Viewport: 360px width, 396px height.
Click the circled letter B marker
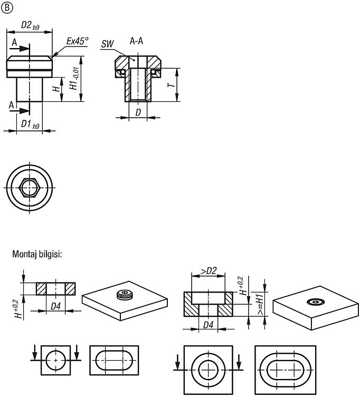(7, 8)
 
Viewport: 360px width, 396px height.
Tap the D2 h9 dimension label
(30, 25)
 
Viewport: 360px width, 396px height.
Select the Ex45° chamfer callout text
(78, 41)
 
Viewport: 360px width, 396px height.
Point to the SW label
(108, 44)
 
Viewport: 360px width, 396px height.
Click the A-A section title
(136, 41)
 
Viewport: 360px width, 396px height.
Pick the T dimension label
(172, 84)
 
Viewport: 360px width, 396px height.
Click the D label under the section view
(138, 112)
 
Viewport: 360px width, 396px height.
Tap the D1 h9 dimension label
(30, 125)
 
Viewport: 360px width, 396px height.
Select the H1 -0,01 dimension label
(74, 79)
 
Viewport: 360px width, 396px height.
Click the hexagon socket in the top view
(30, 187)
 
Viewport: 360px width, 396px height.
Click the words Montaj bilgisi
(37, 254)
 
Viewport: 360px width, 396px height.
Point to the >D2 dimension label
(209, 271)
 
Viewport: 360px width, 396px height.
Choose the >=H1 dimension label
(260, 303)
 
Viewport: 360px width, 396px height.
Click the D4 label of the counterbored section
(209, 325)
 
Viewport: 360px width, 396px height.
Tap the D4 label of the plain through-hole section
(55, 306)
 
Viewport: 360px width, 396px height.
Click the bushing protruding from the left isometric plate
(125, 295)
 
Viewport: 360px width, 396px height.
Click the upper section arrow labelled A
(21, 48)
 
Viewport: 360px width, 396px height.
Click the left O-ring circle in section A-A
(122, 72)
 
